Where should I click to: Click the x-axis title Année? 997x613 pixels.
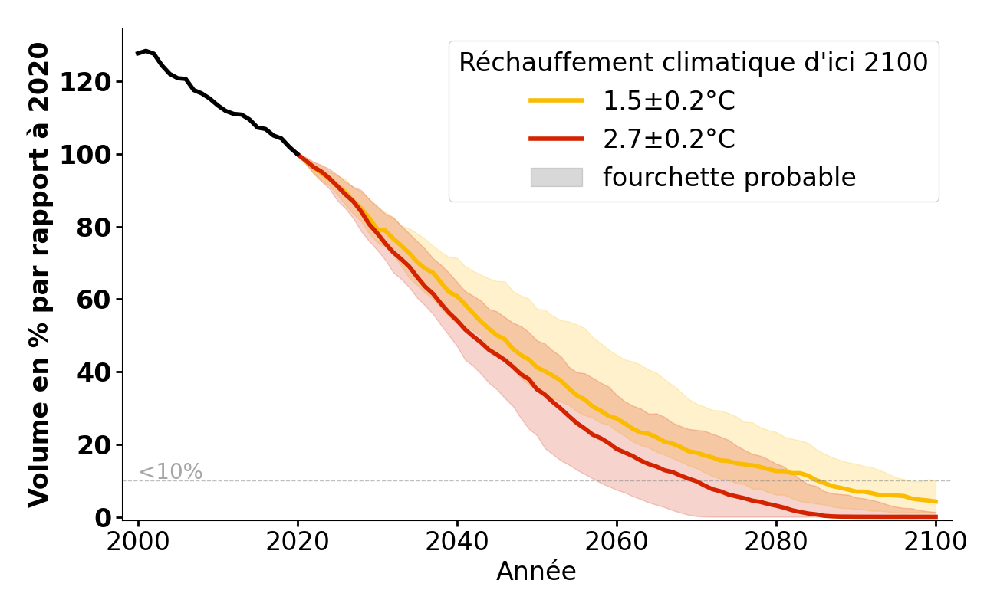[536, 572]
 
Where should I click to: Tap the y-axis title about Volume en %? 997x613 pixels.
[39, 274]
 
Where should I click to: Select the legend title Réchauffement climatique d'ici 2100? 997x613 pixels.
[693, 63]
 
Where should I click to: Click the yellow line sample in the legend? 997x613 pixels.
[556, 100]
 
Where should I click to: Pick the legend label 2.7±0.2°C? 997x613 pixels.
[669, 139]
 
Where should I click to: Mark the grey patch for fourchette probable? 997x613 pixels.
[556, 177]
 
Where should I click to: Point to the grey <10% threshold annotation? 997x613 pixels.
[170, 472]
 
